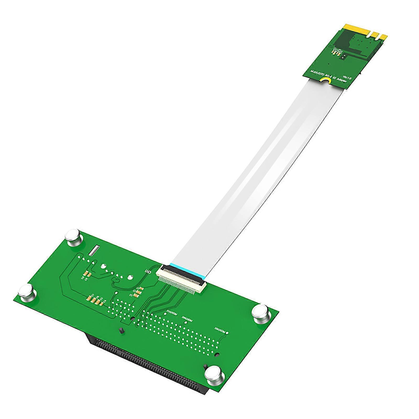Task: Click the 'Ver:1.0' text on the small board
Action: click(x=347, y=77)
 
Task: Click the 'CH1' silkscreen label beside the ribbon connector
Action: click(x=148, y=272)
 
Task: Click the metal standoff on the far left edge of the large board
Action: click(x=27, y=293)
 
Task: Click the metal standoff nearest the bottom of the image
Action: click(x=214, y=375)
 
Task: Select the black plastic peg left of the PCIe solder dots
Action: click(x=121, y=331)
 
